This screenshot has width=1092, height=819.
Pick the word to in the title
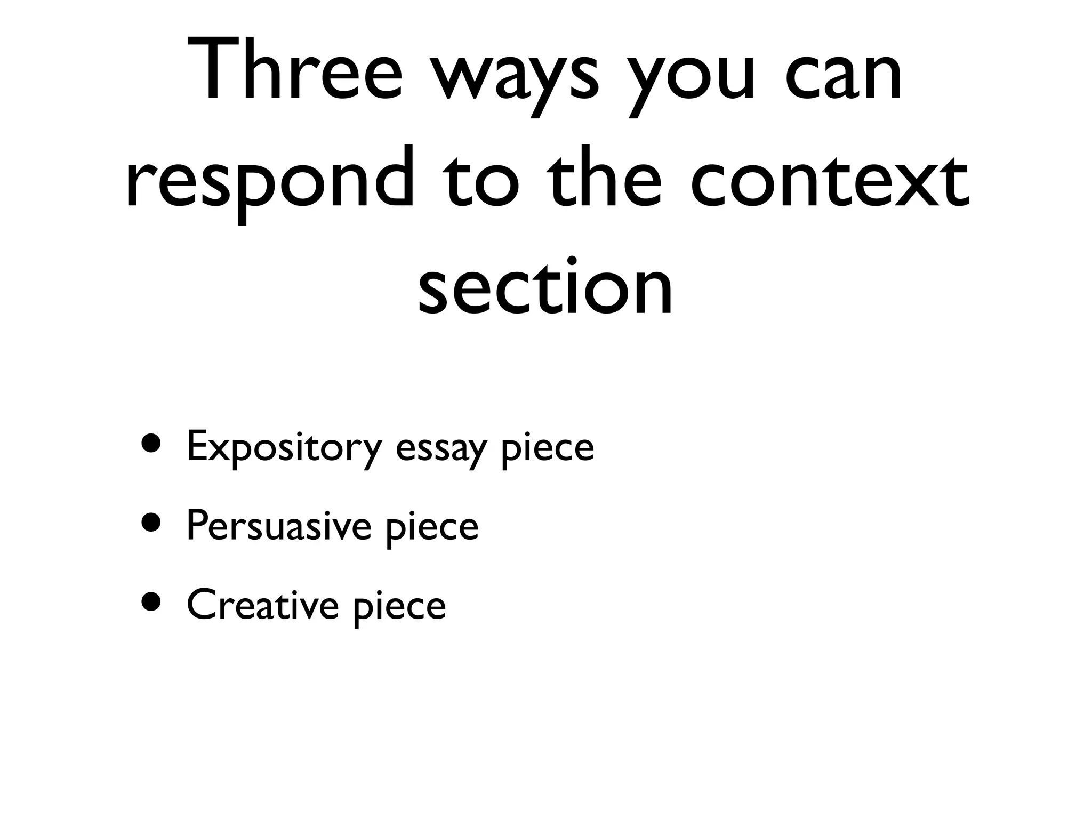coord(482,179)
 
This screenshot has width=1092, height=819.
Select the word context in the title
coord(830,179)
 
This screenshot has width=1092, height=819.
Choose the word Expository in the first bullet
coord(284,448)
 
